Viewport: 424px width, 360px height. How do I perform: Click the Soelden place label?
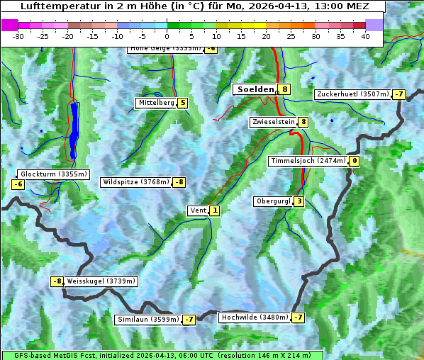255,89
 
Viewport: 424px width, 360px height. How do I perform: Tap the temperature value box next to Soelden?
284,89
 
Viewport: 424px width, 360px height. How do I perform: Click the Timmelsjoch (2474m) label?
308,161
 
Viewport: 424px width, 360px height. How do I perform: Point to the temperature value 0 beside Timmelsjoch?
354,161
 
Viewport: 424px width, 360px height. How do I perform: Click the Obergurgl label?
273,201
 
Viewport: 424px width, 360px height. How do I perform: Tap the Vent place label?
198,210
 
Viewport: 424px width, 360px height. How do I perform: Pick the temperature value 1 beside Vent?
215,210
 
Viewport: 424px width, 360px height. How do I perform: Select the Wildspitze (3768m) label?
136,182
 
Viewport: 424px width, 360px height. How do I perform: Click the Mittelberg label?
156,103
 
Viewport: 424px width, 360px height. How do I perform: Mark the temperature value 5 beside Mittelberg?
182,103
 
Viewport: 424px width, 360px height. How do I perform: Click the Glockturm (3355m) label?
54,174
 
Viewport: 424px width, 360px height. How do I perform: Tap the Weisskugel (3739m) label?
101,281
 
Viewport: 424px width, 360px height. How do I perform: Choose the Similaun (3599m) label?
148,320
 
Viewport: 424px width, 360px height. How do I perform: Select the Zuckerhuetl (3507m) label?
352,94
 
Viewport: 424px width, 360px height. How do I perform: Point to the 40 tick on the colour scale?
365,36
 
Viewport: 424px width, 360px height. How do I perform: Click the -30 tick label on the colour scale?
18,36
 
